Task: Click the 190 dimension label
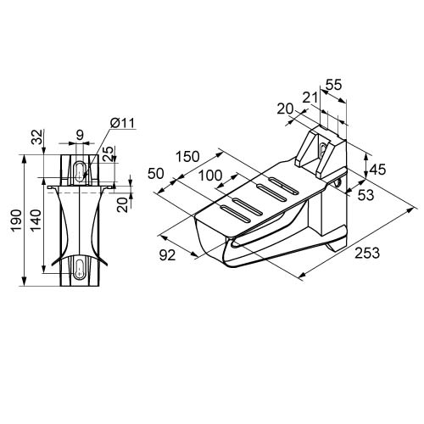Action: (16, 220)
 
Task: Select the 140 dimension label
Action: (36, 220)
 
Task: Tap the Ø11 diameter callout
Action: (123, 123)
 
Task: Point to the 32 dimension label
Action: (37, 137)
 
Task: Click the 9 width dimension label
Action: (81, 135)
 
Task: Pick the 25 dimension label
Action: (109, 153)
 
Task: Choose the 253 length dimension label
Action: (367, 253)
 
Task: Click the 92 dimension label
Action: (167, 255)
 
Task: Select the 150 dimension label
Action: (187, 156)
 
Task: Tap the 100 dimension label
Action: (210, 176)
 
